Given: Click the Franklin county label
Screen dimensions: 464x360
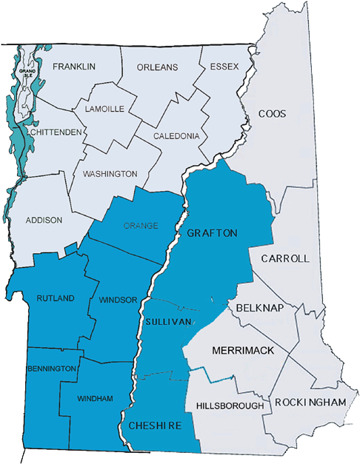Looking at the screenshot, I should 74,67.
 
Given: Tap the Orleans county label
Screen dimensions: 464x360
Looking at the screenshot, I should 158,67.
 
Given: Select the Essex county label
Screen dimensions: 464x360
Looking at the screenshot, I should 224,67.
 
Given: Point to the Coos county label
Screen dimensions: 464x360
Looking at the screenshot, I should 272,114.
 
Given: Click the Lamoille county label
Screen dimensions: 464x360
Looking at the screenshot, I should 105,109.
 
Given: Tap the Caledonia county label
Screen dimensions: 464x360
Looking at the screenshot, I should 176,136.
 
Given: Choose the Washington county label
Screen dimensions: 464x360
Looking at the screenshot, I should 110,174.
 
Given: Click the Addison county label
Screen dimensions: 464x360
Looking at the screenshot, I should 44,220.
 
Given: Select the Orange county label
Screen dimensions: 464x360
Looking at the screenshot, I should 141,226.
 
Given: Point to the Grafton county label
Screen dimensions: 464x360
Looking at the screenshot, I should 212,233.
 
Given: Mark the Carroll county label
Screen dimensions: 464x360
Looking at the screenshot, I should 284,259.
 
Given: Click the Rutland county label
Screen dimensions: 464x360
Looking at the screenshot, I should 56,298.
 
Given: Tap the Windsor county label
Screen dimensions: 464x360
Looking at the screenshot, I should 118,300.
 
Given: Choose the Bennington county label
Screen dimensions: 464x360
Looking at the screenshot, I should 52,369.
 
